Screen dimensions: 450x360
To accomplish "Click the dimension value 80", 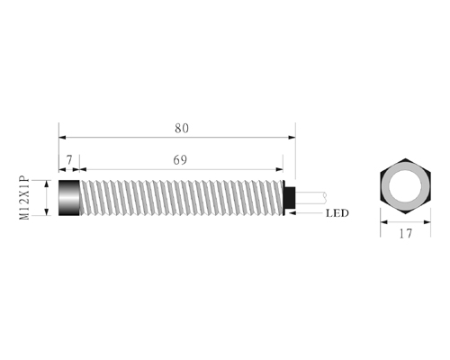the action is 182,129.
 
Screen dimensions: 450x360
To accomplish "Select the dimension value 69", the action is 180,160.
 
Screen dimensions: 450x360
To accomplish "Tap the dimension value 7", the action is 69,160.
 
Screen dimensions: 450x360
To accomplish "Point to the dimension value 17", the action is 406,233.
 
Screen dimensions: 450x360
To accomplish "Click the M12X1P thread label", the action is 24,198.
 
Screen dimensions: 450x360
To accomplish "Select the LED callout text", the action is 337,213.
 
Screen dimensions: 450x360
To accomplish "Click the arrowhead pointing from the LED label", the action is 292,213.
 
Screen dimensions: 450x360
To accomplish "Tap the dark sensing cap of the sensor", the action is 69,198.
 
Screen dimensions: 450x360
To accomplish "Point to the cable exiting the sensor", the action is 310,196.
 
